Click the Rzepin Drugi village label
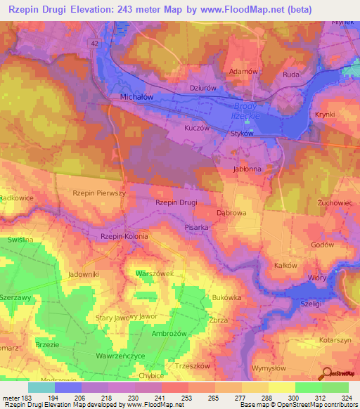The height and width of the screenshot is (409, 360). point(176,202)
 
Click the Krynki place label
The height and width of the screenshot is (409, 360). point(325,114)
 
